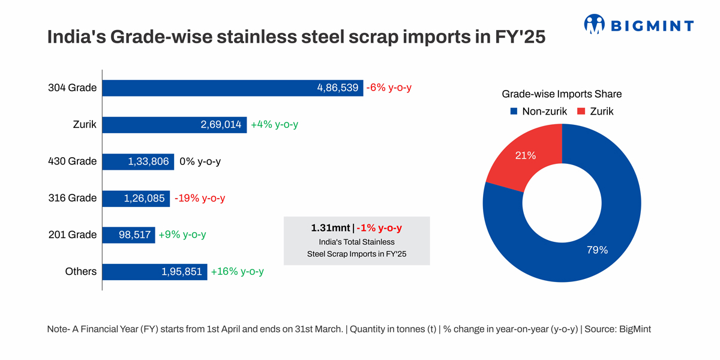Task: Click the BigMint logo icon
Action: (x=594, y=25)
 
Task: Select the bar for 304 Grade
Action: (x=233, y=88)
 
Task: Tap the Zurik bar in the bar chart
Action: (x=175, y=125)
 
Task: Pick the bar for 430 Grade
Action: (x=138, y=161)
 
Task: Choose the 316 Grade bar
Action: (x=136, y=198)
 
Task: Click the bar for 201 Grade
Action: (x=129, y=235)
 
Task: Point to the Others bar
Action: (x=155, y=272)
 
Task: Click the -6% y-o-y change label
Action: (x=389, y=88)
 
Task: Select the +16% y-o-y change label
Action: (x=237, y=272)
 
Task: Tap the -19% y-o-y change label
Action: (x=200, y=198)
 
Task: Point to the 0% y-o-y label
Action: (x=200, y=161)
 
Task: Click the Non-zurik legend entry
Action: (x=540, y=111)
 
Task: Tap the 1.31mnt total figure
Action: (x=330, y=228)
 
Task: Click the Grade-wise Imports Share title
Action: (x=562, y=94)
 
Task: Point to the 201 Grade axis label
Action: (x=72, y=235)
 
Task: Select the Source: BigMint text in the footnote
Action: (x=617, y=329)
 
